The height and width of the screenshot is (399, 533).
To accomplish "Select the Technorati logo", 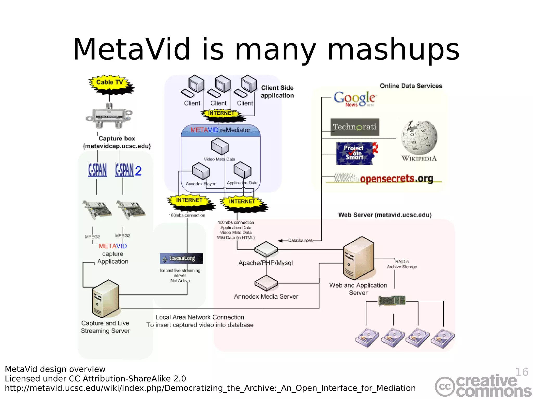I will click(355, 127).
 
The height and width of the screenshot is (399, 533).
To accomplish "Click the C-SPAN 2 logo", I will click(128, 170).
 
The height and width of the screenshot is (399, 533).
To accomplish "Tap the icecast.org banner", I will click(181, 258).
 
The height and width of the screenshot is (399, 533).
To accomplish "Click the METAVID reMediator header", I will click(220, 130).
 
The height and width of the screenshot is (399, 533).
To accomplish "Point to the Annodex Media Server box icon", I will click(266, 283).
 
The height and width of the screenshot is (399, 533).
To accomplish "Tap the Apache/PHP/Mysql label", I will click(266, 263).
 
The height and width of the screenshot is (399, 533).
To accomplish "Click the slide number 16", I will click(522, 372).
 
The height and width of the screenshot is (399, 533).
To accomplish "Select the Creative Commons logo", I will click(483, 386).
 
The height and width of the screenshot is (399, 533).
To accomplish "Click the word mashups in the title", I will click(394, 49).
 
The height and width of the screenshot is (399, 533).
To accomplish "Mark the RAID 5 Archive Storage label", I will click(402, 264).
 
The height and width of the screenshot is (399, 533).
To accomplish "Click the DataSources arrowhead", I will click(281, 241).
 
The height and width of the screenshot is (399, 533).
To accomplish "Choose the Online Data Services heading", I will click(411, 86).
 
